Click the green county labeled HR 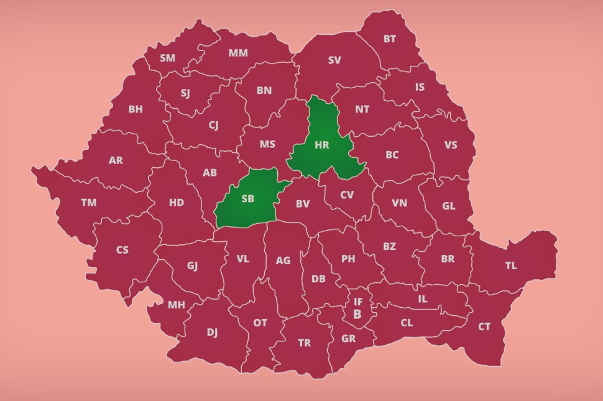(x=321, y=145)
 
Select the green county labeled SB (x=248, y=199)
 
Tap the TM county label (x=89, y=203)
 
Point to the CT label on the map (x=484, y=326)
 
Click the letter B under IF (x=357, y=315)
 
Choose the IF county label (x=358, y=302)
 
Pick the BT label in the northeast (x=390, y=39)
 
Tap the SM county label (x=167, y=58)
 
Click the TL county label (x=511, y=265)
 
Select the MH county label (x=177, y=305)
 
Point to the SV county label (x=334, y=60)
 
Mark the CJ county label (x=213, y=125)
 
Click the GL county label (x=449, y=206)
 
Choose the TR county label (x=304, y=343)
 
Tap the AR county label (x=116, y=160)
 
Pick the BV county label (x=303, y=203)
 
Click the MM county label (x=237, y=53)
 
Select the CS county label (x=122, y=250)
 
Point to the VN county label (x=399, y=203)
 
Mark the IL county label (x=423, y=299)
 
